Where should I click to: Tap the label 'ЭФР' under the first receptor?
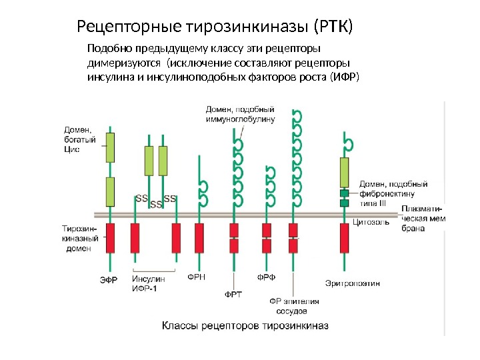click(109, 281)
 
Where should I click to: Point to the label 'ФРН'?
click(196, 275)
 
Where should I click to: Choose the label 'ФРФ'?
click(267, 275)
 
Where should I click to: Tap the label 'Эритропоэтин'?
click(353, 283)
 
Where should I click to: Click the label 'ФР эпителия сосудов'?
click(294, 306)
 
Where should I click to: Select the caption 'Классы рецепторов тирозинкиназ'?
click(245, 326)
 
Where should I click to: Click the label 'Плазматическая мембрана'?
click(423, 218)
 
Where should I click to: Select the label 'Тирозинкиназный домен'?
click(80, 237)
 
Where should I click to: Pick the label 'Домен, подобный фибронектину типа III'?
click(387, 193)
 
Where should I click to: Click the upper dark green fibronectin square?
click(345, 193)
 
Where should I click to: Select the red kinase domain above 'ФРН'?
click(199, 238)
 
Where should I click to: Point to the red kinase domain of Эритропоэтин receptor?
click(345, 238)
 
